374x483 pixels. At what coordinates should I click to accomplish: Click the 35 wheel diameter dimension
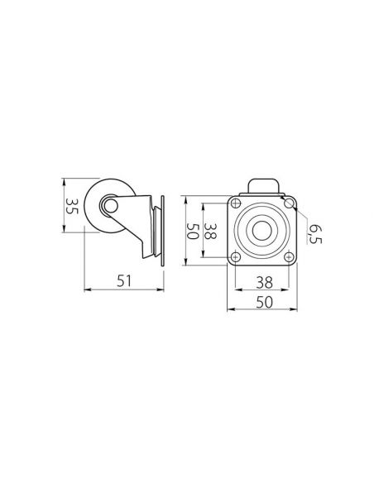72,207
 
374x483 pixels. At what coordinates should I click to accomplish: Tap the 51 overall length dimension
124,281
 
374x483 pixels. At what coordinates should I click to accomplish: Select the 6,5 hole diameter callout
315,234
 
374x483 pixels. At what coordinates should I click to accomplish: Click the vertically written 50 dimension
192,231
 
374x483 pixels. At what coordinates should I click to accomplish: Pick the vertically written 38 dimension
210,231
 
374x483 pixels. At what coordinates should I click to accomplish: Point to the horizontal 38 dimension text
264,283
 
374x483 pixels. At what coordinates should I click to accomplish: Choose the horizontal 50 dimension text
264,303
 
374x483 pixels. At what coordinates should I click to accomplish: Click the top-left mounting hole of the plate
236,203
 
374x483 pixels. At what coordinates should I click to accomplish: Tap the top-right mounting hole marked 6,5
289,203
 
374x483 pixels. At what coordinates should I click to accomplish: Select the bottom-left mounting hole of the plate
236,256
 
